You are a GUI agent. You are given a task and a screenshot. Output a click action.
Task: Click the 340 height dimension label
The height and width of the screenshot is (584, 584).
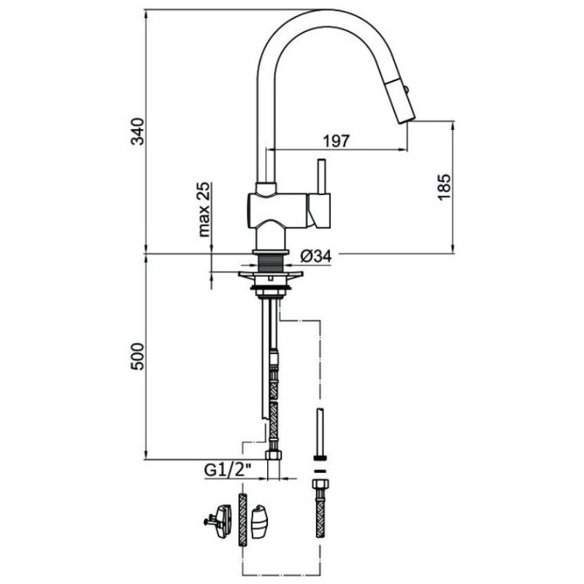(138, 131)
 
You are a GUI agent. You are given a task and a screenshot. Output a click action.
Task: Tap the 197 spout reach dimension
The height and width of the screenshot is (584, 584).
(337, 141)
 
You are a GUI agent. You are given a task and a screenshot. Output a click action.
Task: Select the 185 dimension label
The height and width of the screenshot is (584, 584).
(444, 188)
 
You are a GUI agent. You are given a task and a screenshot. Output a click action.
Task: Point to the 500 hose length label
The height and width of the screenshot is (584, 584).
(137, 356)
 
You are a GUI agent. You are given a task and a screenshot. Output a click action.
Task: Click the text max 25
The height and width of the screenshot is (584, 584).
(204, 210)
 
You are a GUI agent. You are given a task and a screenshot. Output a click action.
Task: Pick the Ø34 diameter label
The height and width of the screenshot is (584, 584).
(316, 256)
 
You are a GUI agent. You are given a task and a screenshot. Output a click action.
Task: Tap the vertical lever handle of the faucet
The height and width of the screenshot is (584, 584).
(321, 177)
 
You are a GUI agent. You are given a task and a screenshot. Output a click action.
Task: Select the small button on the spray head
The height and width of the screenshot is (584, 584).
(407, 90)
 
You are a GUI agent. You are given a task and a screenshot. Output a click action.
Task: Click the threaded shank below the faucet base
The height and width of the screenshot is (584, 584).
(271, 264)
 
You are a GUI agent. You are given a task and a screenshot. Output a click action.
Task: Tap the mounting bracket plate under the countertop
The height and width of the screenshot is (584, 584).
(271, 275)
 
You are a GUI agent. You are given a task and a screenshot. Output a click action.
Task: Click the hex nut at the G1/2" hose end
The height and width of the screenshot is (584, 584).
(274, 455)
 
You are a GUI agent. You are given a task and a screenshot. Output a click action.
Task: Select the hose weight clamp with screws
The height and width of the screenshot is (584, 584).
(220, 521)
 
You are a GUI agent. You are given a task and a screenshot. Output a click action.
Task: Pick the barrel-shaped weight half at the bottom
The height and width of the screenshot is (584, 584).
(260, 521)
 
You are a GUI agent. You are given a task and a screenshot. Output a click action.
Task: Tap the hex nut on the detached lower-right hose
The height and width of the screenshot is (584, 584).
(320, 486)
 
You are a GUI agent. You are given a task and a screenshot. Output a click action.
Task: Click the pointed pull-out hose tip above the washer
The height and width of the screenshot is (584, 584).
(320, 431)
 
